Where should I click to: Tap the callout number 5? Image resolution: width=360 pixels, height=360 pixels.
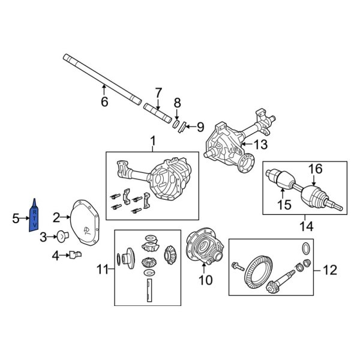16,218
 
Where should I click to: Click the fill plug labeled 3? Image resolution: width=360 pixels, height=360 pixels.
62,237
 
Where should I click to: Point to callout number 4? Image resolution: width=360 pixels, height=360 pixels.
55,256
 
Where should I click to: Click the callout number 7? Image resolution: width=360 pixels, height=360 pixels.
158,92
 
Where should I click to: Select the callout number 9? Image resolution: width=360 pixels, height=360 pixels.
200,127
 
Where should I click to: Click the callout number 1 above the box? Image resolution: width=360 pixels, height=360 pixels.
152,141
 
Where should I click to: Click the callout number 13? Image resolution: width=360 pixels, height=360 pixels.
261,144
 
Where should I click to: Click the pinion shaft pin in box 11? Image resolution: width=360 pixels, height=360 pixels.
148,295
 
